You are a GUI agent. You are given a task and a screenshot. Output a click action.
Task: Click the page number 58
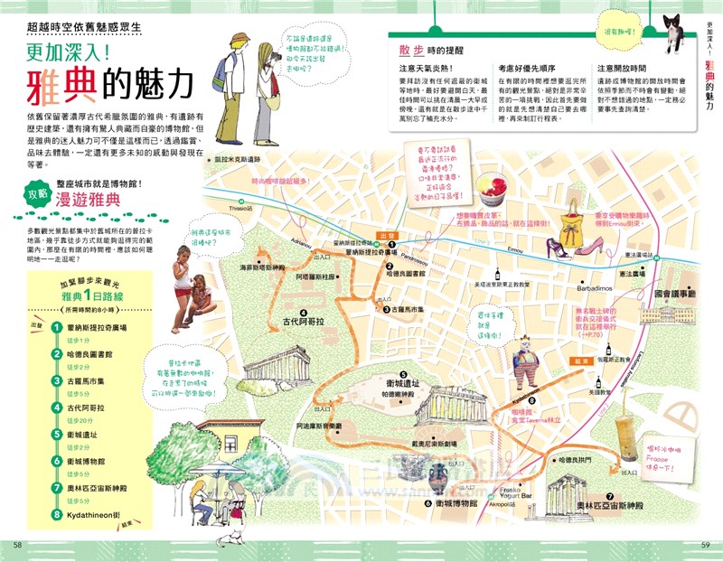tap(16, 544)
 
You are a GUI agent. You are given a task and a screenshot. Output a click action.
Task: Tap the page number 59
tap(707, 544)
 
